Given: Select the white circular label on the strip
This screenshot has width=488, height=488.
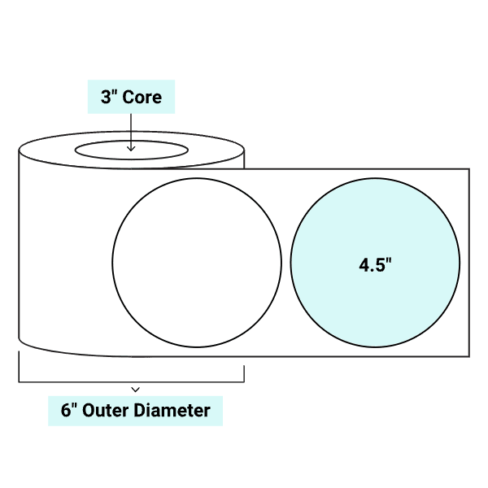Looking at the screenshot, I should pyautogui.click(x=197, y=261).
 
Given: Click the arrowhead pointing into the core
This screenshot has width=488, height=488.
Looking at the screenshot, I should pyautogui.click(x=131, y=148).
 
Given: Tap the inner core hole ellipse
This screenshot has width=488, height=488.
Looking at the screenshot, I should pyautogui.click(x=131, y=151).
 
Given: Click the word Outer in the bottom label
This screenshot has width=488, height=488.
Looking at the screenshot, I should pyautogui.click(x=114, y=411).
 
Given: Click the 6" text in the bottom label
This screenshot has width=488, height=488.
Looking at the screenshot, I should pyautogui.click(x=71, y=411).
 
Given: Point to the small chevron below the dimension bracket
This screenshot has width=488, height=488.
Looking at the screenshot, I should pyautogui.click(x=136, y=390).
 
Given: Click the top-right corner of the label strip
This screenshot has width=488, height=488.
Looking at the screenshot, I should pyautogui.click(x=468, y=169).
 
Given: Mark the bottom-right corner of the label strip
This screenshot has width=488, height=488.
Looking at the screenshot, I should pyautogui.click(x=468, y=356).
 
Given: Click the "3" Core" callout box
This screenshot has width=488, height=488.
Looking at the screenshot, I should pyautogui.click(x=131, y=98).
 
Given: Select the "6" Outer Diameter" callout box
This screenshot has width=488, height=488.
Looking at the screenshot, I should pyautogui.click(x=135, y=411).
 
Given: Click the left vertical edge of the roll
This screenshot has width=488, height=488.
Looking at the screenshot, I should pyautogui.click(x=20, y=244).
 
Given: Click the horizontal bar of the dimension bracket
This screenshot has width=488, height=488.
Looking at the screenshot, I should pyautogui.click(x=81, y=381).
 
